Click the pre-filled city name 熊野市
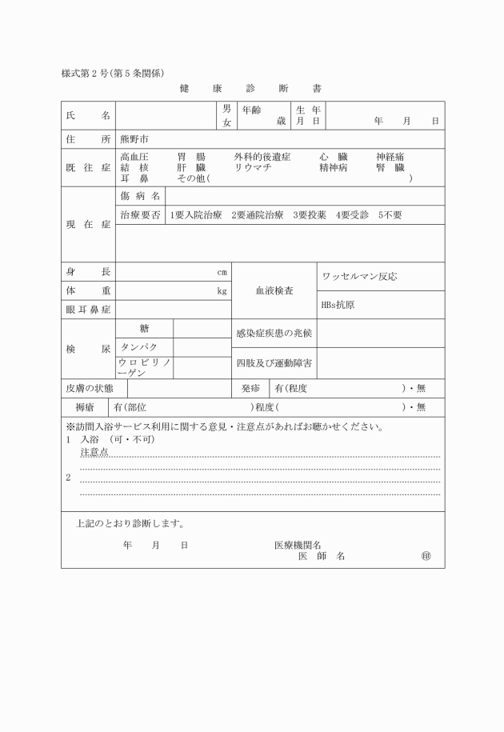coord(134,139)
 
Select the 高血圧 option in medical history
coord(134,158)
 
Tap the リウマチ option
coord(253,168)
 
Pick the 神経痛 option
coord(390,158)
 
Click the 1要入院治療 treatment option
coord(195,215)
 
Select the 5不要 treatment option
coord(390,215)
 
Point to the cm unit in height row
coord(222,272)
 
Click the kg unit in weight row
coord(222,291)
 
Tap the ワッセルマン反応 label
coord(359,277)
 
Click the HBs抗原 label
coord(338,305)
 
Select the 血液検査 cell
coord(274,291)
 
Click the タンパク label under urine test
coord(138,347)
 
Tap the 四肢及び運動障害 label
coord(274,363)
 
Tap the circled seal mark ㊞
coord(426,556)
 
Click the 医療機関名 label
coord(298,545)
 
